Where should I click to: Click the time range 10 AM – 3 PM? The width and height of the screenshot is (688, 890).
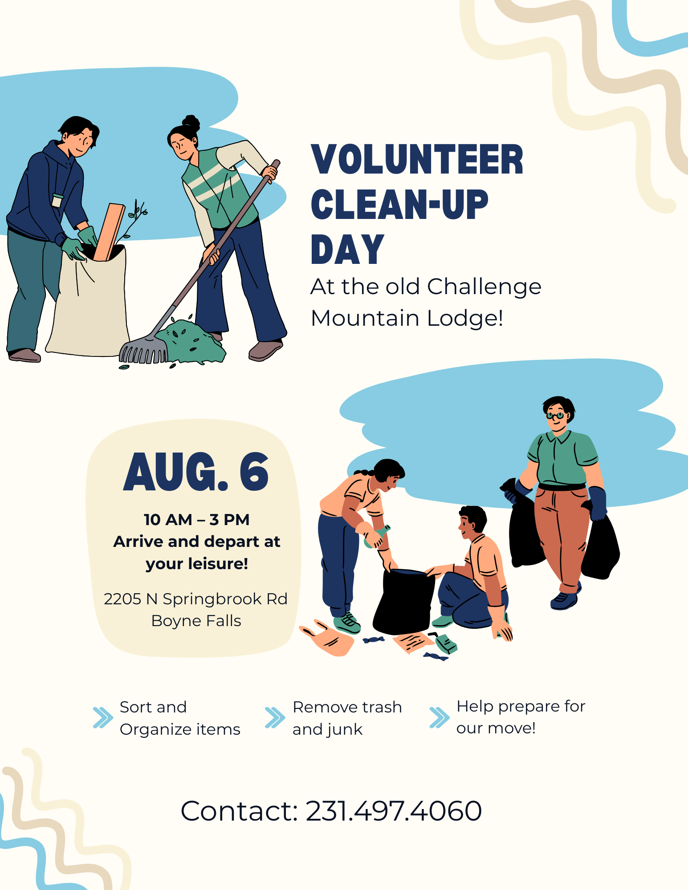(x=196, y=519)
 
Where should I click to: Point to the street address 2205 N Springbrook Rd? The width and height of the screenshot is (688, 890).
(x=195, y=599)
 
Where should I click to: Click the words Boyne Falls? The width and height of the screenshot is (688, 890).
(x=196, y=621)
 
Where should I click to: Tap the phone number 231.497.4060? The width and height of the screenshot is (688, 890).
(x=394, y=810)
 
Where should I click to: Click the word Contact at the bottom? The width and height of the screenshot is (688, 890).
(x=239, y=810)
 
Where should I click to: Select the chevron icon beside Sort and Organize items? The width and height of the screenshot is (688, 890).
(x=103, y=717)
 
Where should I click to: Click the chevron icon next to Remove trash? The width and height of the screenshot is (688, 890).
(x=275, y=717)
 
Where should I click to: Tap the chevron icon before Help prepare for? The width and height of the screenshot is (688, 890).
(x=440, y=717)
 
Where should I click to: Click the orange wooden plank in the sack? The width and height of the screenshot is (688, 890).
(x=109, y=232)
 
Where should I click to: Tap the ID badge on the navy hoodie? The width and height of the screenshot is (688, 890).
(x=57, y=200)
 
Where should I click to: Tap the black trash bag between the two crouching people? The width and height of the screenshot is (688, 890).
(x=403, y=601)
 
